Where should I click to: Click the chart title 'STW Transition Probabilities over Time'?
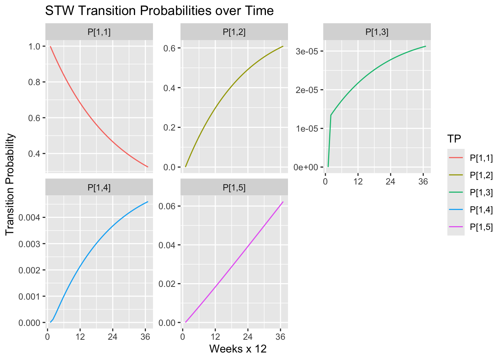159,10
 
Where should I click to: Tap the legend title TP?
454,138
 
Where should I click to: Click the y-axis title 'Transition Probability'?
10,184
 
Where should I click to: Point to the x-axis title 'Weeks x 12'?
238,349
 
